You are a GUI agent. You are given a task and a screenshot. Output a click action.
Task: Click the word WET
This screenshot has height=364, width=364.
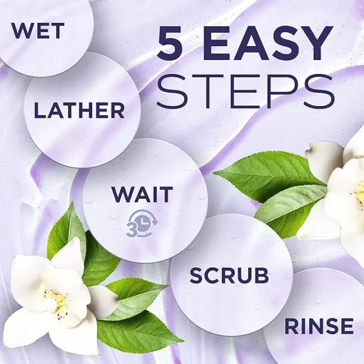coord(38,31)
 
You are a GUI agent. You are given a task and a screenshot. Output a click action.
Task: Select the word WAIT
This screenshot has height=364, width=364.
coord(142,194)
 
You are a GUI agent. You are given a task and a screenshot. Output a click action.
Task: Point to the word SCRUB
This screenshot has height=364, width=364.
coord(229,275)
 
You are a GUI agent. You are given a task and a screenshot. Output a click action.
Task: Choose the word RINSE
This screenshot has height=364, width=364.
coord(319,326)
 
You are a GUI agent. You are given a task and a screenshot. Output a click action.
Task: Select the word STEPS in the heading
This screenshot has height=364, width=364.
coord(245,91)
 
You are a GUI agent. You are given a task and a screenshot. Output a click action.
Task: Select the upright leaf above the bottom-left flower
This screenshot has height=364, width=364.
coord(67,230)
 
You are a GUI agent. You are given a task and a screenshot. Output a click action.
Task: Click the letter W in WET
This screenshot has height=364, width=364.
coord(22,31)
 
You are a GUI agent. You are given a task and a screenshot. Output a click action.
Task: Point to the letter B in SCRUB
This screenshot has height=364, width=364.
coord(261,275)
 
